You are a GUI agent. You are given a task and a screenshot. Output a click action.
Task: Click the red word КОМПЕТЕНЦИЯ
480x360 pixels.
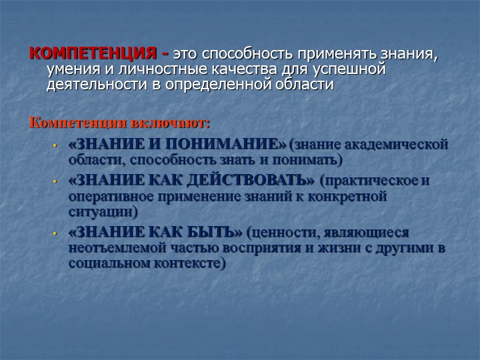(93, 53)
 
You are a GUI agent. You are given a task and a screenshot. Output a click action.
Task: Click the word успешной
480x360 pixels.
(349, 69)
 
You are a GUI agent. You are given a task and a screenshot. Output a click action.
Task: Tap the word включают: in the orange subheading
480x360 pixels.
(171, 123)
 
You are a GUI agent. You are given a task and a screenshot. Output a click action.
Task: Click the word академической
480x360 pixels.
(397, 145)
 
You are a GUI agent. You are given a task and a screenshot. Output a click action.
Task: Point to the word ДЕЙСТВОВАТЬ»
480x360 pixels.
(251, 181)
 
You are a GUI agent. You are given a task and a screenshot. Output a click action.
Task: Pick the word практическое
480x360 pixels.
(369, 181)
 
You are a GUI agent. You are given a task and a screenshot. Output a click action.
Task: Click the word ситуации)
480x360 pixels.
(103, 212)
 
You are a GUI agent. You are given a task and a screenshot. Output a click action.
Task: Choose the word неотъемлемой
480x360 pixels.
(119, 247)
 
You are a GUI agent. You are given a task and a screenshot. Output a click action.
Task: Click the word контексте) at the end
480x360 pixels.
(190, 263)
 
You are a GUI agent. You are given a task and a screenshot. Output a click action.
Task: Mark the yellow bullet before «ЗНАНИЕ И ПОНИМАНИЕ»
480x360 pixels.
(55, 145)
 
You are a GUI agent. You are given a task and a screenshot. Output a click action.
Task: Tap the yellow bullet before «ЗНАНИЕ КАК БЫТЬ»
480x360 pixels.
(55, 233)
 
